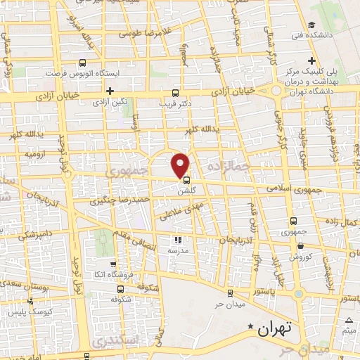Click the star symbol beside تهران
click(x=251, y=326)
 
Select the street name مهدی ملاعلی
click(x=181, y=210)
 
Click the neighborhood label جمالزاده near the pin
click(x=229, y=166)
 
